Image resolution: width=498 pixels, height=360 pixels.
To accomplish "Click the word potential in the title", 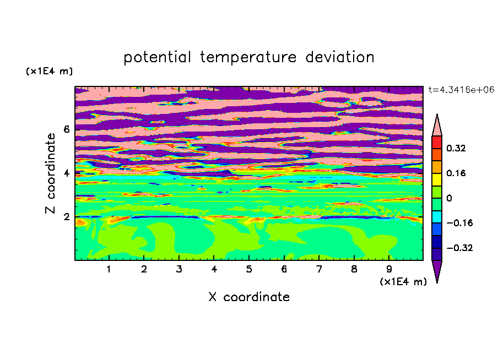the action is pos(157,58).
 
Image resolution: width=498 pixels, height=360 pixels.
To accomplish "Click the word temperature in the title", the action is pos(248,57).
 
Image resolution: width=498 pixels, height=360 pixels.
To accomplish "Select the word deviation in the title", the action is pos(340,57).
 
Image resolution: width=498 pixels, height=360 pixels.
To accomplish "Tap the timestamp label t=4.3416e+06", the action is pos(461,90).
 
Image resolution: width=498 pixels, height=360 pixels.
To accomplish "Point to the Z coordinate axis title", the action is pos(50,173).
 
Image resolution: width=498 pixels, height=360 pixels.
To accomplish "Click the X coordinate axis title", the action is pos(249,297).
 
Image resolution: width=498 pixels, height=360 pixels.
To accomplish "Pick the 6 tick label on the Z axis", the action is pos(66,129).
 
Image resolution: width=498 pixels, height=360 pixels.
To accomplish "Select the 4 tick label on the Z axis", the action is pos(66,173).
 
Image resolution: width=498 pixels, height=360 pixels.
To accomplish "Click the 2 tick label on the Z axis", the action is pos(66,217).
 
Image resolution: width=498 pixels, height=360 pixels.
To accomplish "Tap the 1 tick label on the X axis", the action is pos(109,269).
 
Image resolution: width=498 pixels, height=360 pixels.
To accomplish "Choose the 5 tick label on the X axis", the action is pos(249,269).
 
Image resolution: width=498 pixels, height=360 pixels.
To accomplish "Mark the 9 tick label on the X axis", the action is pos(389,269).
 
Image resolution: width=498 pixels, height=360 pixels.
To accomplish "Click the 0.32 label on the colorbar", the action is pos(456,148).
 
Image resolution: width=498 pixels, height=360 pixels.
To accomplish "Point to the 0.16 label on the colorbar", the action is pos(456,173).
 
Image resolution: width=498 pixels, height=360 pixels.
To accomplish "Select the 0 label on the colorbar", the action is pos(449,198).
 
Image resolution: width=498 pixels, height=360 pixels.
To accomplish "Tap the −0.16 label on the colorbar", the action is pos(459,223).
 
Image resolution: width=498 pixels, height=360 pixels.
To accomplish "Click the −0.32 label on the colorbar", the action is pos(459,248).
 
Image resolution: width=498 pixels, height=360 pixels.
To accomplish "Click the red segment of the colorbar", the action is pos(437,142).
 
